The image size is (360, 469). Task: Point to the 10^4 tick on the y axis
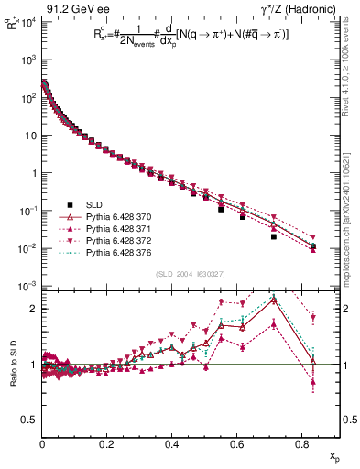click(x=27, y=21)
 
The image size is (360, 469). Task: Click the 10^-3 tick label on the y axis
click(x=27, y=287)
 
